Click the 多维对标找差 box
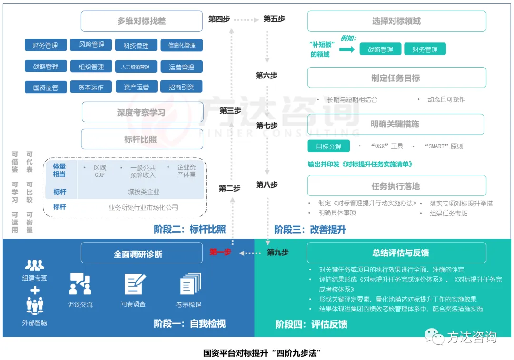click(142, 21)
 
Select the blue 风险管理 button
click(91, 45)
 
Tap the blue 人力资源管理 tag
click(136, 67)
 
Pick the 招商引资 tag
click(181, 87)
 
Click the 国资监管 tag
click(46, 88)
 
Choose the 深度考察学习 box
click(142, 112)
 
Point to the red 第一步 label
click(220, 252)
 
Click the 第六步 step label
click(266, 76)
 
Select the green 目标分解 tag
click(328, 146)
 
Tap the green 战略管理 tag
click(380, 49)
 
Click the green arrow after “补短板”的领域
click(347, 49)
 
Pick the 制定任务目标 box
click(396, 78)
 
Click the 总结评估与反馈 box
click(396, 253)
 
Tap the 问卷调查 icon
click(135, 284)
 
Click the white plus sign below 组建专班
click(35, 290)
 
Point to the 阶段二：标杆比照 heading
click(190, 229)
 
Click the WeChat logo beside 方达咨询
click(435, 336)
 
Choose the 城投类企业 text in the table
click(144, 192)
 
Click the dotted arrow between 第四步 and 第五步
click(247, 20)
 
